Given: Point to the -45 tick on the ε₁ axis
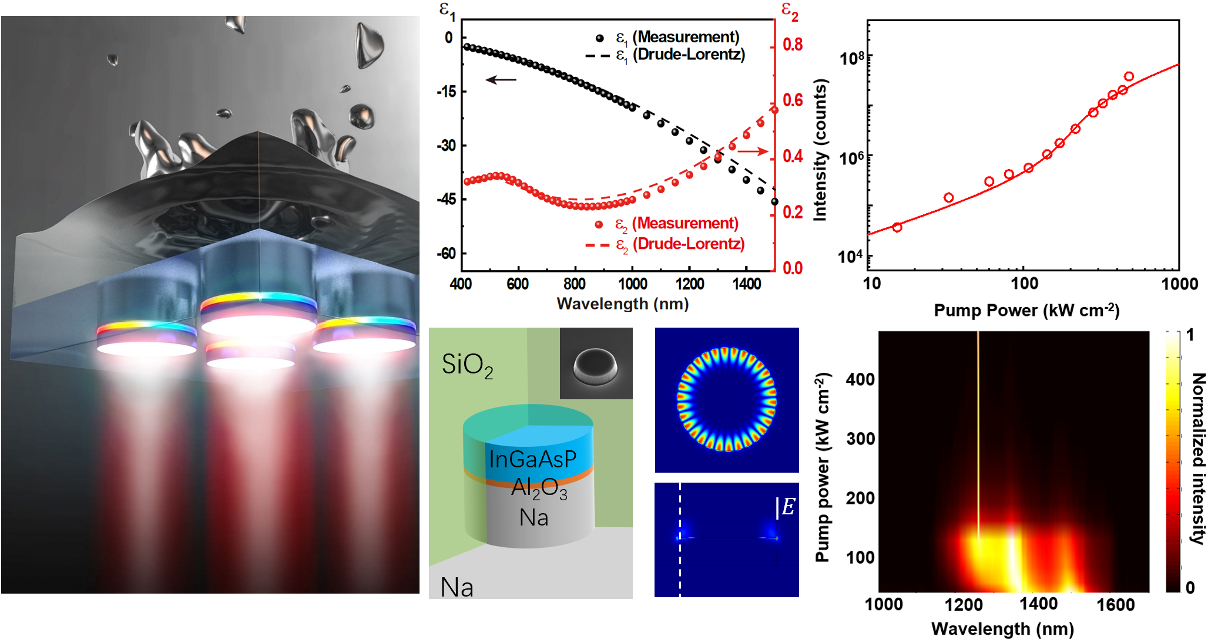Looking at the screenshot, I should [x=446, y=200].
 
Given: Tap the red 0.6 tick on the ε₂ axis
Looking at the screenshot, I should [x=793, y=100].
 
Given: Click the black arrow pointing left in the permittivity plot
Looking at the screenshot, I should [x=501, y=80].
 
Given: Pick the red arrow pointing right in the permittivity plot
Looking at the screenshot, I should [x=753, y=151].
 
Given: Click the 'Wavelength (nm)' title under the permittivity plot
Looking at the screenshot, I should [x=622, y=304].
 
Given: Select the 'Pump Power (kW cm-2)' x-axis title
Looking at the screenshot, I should [x=1026, y=310].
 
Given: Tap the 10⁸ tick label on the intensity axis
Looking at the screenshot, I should [x=852, y=58].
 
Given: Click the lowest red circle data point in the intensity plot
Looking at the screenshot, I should [x=897, y=227].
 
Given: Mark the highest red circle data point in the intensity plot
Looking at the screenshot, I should [x=1129, y=76].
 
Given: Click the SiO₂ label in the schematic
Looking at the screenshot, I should [x=467, y=365].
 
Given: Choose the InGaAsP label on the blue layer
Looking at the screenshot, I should [x=532, y=459].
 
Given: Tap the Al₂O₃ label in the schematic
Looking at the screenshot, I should [x=539, y=488].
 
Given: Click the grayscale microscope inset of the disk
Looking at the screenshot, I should [x=596, y=363].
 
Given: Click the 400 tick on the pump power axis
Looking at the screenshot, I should [x=860, y=379].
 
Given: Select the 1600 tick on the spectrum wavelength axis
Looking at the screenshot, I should [x=1115, y=605].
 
